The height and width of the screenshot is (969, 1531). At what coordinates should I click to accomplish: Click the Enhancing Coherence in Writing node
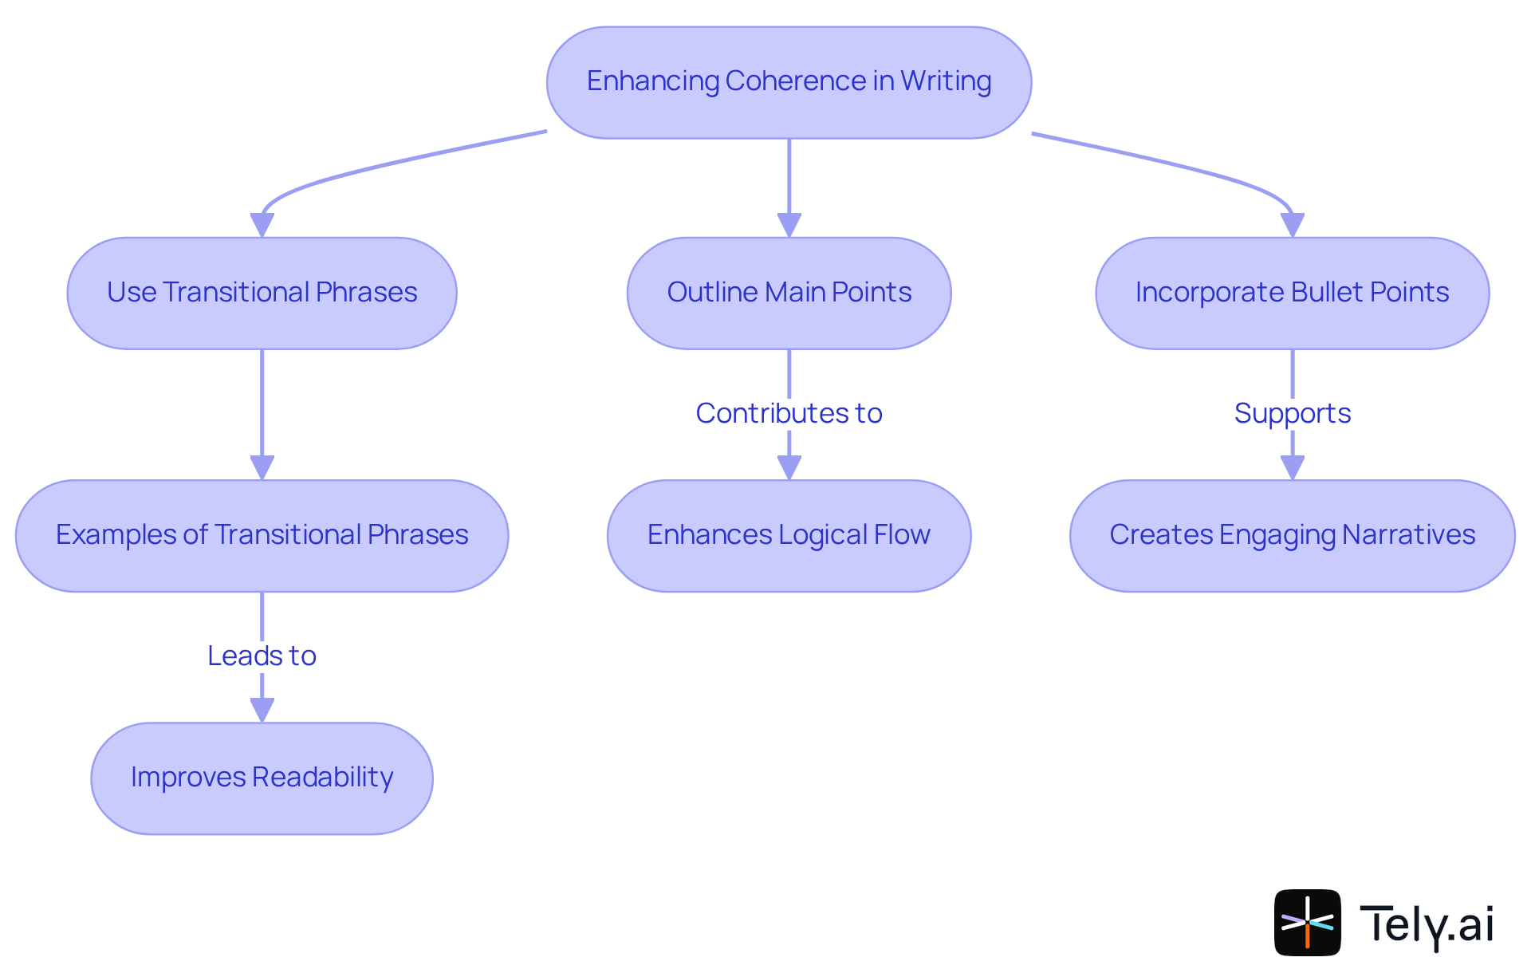point(788,82)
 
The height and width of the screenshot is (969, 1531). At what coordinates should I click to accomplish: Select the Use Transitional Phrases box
point(262,293)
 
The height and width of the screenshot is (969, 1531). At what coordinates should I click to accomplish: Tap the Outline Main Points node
point(788,293)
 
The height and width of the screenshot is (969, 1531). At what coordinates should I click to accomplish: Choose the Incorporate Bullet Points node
point(1291,293)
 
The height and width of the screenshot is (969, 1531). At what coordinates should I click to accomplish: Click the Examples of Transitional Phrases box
point(262,535)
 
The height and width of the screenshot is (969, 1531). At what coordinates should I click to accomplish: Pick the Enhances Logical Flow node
point(788,535)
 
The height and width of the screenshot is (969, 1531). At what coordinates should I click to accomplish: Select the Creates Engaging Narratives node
point(1291,535)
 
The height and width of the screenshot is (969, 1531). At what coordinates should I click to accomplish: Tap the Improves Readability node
point(262,778)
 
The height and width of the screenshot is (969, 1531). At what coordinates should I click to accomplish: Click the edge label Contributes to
point(788,413)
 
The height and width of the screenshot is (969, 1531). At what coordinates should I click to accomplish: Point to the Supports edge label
point(1291,413)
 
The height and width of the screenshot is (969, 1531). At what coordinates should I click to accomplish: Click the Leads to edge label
point(262,656)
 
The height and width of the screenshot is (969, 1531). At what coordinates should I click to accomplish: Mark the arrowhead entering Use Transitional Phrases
point(262,226)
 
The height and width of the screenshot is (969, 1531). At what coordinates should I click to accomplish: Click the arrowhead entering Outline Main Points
point(789,226)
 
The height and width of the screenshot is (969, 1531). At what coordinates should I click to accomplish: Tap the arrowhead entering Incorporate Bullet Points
point(1292,226)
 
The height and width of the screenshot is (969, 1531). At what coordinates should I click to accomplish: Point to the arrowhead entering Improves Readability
point(262,711)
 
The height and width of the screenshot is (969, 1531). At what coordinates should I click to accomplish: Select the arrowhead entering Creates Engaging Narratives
point(1292,468)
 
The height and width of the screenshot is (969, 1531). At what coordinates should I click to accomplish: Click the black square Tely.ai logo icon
point(1306,922)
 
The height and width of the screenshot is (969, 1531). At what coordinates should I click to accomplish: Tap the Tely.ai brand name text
point(1426,924)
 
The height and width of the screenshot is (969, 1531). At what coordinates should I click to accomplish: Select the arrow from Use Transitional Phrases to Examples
point(262,407)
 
